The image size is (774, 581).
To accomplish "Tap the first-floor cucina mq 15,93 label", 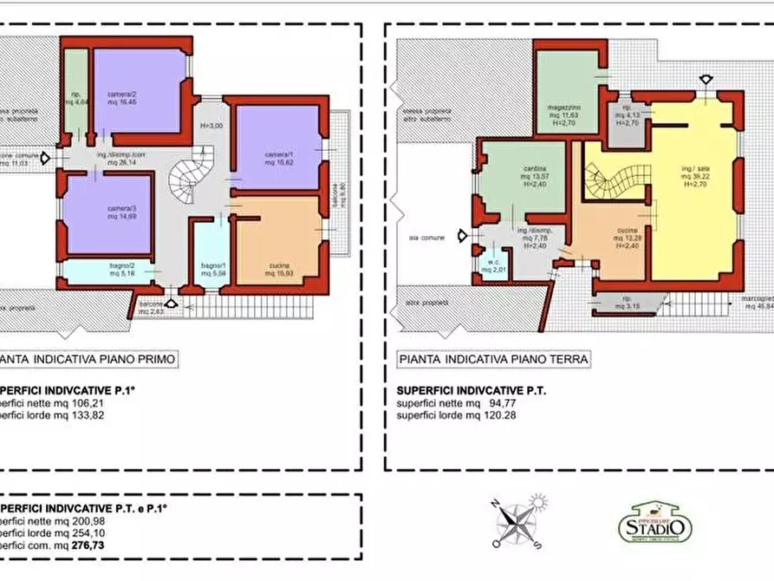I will pyautogui.click(x=278, y=269).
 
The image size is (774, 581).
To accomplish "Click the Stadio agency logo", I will pyautogui.click(x=655, y=522).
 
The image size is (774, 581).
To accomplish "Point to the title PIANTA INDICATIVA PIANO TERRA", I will pyautogui.click(x=493, y=359).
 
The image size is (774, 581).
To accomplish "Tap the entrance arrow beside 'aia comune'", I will pyautogui.click(x=470, y=236).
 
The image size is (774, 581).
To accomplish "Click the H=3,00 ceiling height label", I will pyautogui.click(x=211, y=126).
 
